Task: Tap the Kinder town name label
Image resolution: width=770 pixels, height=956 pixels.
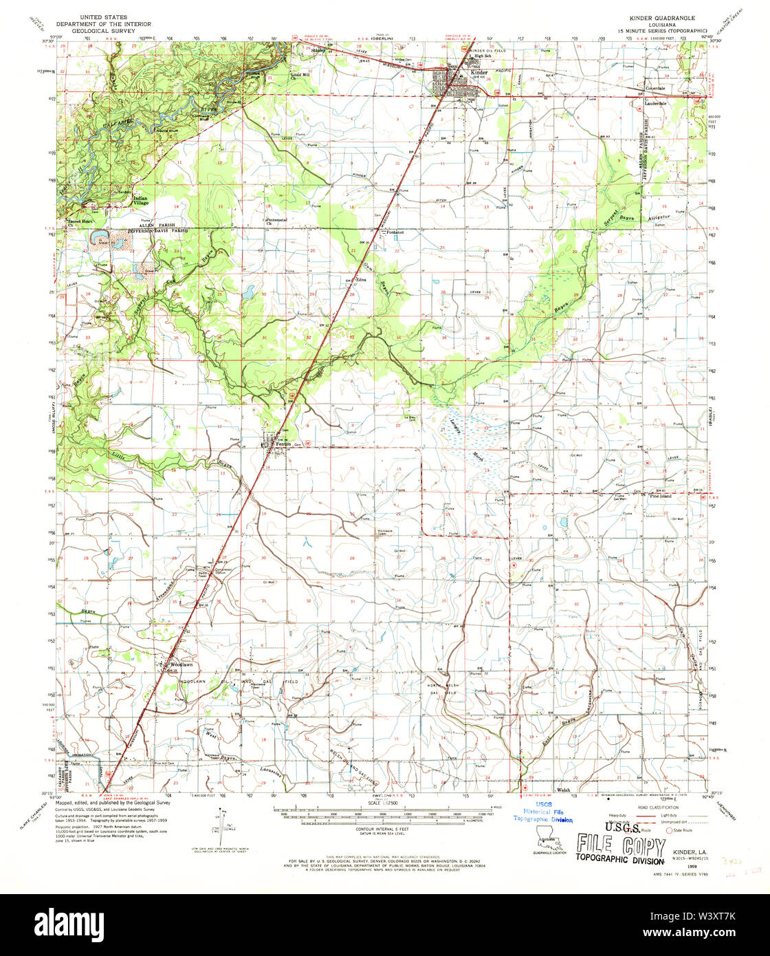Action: pos(478,72)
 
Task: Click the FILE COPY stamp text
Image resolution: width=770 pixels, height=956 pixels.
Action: pos(621,844)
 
